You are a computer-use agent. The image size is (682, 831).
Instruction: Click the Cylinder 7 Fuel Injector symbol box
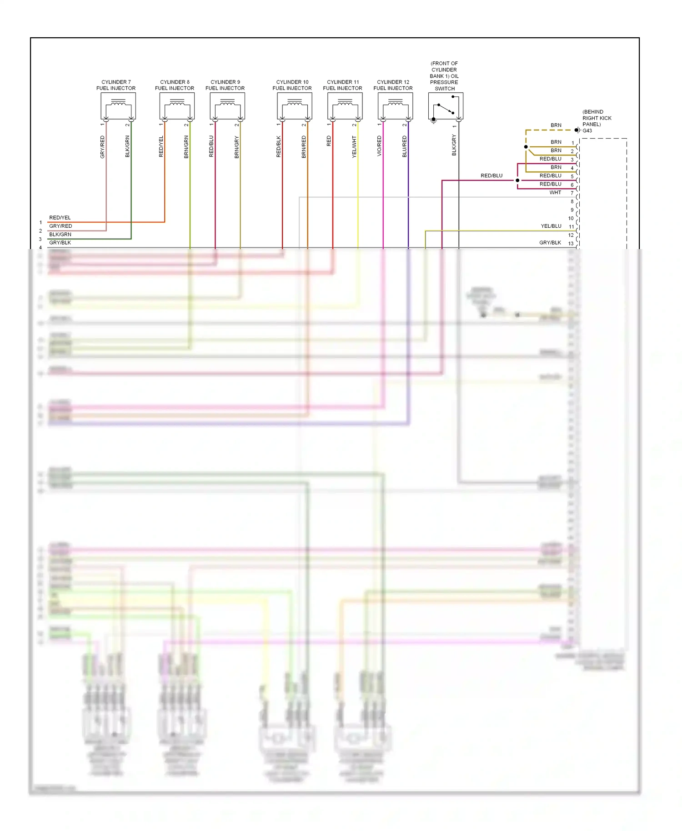pyautogui.click(x=118, y=106)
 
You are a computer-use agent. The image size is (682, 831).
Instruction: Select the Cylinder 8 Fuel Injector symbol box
pyautogui.click(x=177, y=106)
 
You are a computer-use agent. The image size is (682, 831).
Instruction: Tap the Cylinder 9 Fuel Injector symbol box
pyautogui.click(x=227, y=106)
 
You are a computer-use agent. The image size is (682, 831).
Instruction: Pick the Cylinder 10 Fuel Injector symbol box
pyautogui.click(x=295, y=106)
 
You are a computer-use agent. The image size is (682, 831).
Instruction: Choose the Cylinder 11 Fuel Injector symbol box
pyautogui.click(x=345, y=106)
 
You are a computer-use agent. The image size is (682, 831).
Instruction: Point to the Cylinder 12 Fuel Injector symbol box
pyautogui.click(x=395, y=106)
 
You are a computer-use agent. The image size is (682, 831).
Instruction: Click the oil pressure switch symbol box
pyautogui.click(x=446, y=106)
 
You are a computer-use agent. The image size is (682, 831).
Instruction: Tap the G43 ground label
pyautogui.click(x=587, y=130)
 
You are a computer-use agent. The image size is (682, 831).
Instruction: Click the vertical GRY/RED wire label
pyautogui.click(x=102, y=147)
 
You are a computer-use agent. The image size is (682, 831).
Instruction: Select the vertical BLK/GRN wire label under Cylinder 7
pyautogui.click(x=127, y=146)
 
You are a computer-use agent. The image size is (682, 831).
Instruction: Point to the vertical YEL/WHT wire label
pyautogui.click(x=354, y=147)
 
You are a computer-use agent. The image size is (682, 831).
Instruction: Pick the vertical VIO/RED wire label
pyautogui.click(x=379, y=146)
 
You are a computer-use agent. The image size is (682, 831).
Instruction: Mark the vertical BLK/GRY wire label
pyautogui.click(x=454, y=145)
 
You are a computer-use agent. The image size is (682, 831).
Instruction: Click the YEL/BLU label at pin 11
pyautogui.click(x=551, y=226)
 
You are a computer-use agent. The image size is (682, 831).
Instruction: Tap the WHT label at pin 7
pyautogui.click(x=555, y=193)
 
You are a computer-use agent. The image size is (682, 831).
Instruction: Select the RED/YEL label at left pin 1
pyautogui.click(x=60, y=218)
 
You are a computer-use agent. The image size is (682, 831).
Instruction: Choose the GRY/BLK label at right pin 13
pyautogui.click(x=550, y=243)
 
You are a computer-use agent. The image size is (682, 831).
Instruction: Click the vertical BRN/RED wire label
pyautogui.click(x=304, y=147)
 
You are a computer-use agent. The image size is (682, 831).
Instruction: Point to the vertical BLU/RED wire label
pyautogui.click(x=404, y=146)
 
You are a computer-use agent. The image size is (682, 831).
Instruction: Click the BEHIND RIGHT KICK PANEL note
pyautogui.click(x=597, y=118)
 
